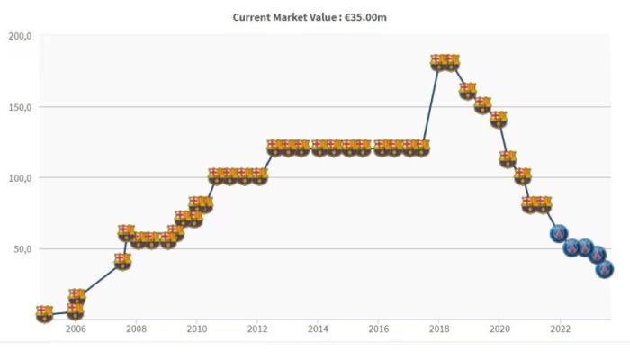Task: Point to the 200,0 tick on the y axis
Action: click(x=20, y=37)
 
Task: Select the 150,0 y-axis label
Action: click(x=20, y=107)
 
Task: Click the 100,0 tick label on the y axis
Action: click(x=20, y=178)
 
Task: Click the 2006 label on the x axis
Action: click(x=76, y=329)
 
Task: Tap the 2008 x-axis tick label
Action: click(x=136, y=329)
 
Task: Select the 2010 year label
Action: click(x=197, y=329)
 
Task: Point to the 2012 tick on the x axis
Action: click(x=257, y=329)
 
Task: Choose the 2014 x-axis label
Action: click(x=318, y=329)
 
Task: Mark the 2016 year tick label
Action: click(x=379, y=329)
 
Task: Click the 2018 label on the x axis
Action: click(x=439, y=329)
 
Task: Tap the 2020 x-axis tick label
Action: click(x=499, y=329)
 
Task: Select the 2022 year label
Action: click(x=560, y=329)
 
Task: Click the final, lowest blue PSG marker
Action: click(x=605, y=268)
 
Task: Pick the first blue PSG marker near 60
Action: click(x=559, y=234)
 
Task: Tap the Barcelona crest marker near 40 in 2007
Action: click(x=122, y=261)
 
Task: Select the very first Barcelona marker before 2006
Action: click(x=44, y=313)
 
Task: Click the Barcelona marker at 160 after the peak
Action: click(x=467, y=91)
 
